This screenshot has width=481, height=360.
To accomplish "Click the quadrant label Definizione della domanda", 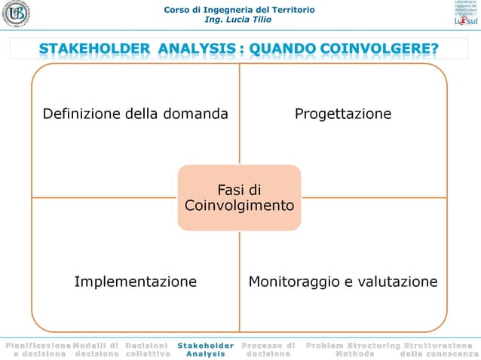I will point(135,114).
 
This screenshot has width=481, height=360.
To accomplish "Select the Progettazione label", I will point(343,114).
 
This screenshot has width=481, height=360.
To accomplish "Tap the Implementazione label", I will point(135,282).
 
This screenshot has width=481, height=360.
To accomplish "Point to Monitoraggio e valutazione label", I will point(343,282).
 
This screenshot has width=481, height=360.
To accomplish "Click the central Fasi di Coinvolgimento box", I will point(239,197).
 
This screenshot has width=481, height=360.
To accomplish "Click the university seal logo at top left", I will point(16,16).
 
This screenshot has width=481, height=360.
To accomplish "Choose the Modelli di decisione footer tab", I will point(96,349).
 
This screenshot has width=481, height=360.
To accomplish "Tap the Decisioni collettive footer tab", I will point(147,349).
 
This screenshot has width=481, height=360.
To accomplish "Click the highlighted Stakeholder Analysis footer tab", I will point(206,349).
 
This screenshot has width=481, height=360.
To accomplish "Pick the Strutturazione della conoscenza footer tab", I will point(440,349).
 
